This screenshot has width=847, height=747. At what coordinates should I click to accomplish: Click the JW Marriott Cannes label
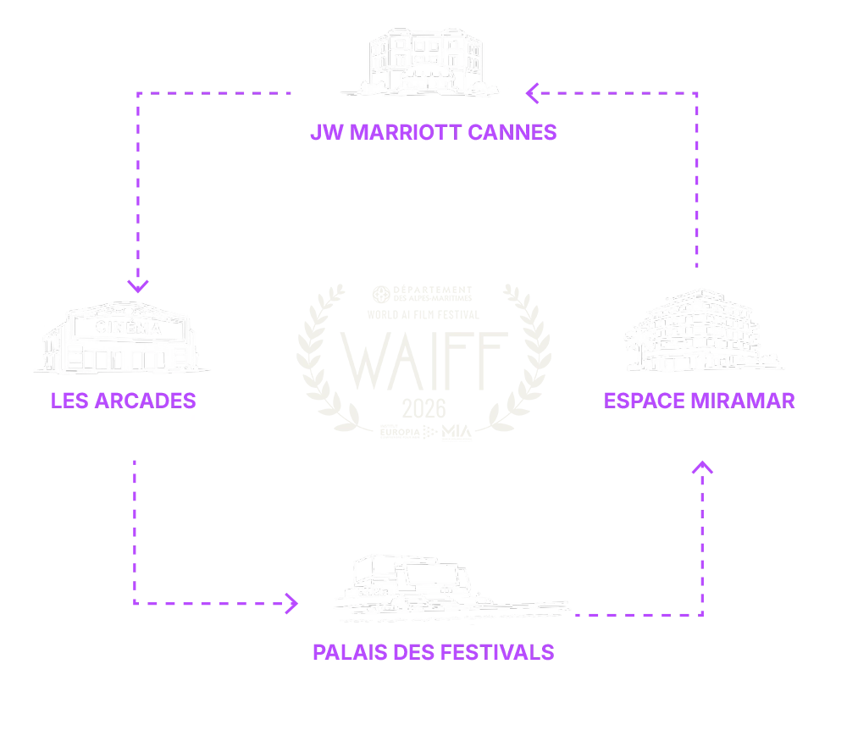tap(432, 133)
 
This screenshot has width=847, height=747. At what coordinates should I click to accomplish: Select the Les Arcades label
tap(125, 400)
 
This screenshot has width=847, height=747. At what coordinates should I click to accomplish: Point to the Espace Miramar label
tap(700, 400)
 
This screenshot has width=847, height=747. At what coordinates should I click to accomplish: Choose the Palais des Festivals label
tap(434, 653)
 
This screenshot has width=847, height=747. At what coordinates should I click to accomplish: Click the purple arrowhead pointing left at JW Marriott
tap(532, 94)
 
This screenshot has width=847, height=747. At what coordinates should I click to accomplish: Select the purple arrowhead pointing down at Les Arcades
tap(139, 285)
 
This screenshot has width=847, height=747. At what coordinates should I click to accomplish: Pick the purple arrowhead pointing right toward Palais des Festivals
tap(293, 603)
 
